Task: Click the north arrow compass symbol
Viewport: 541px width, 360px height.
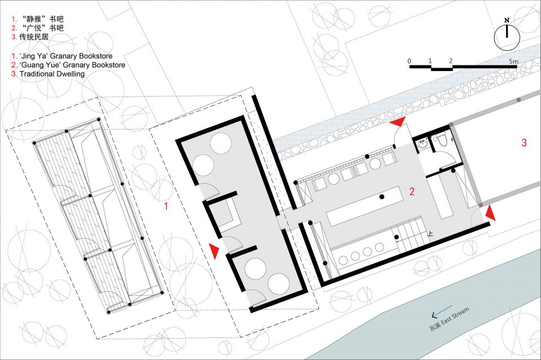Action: (x=507, y=35)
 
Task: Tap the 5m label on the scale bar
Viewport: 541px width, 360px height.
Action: (x=513, y=61)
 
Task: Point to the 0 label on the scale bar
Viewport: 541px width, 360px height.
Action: (x=409, y=61)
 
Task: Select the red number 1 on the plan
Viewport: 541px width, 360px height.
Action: (x=166, y=206)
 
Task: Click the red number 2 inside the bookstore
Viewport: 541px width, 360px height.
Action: (x=411, y=192)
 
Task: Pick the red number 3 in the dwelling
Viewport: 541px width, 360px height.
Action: (x=524, y=143)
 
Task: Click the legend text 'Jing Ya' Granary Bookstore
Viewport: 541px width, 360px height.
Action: (x=66, y=56)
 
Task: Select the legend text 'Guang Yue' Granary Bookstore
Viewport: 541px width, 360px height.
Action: (x=73, y=65)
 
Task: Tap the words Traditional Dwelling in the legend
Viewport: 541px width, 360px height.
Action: (x=52, y=74)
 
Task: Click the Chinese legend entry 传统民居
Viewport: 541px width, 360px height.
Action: (x=34, y=37)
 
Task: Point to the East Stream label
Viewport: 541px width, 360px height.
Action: (x=455, y=315)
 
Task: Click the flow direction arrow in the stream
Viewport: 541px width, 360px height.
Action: (x=441, y=310)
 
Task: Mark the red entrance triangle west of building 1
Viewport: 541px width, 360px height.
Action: (x=214, y=251)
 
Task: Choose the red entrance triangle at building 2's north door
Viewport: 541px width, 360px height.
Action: (x=397, y=121)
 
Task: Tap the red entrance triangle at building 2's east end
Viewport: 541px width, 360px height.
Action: (x=491, y=213)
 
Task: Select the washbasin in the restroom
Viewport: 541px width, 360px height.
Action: (x=422, y=145)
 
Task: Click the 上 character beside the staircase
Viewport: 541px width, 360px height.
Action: (x=430, y=234)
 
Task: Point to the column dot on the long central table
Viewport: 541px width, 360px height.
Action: (x=382, y=197)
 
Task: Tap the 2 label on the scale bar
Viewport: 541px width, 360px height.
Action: (x=451, y=61)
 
